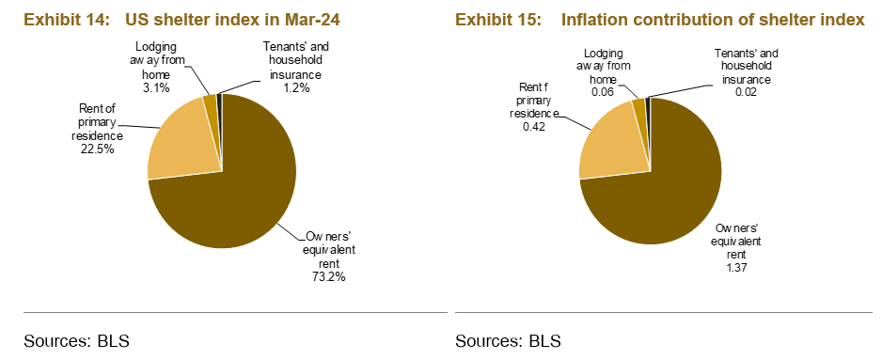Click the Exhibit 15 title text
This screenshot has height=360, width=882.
coord(659,19)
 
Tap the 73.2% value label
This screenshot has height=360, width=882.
coord(328,277)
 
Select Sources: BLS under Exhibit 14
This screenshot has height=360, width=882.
coord(75,340)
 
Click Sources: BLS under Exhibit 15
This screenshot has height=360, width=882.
coord(508,340)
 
